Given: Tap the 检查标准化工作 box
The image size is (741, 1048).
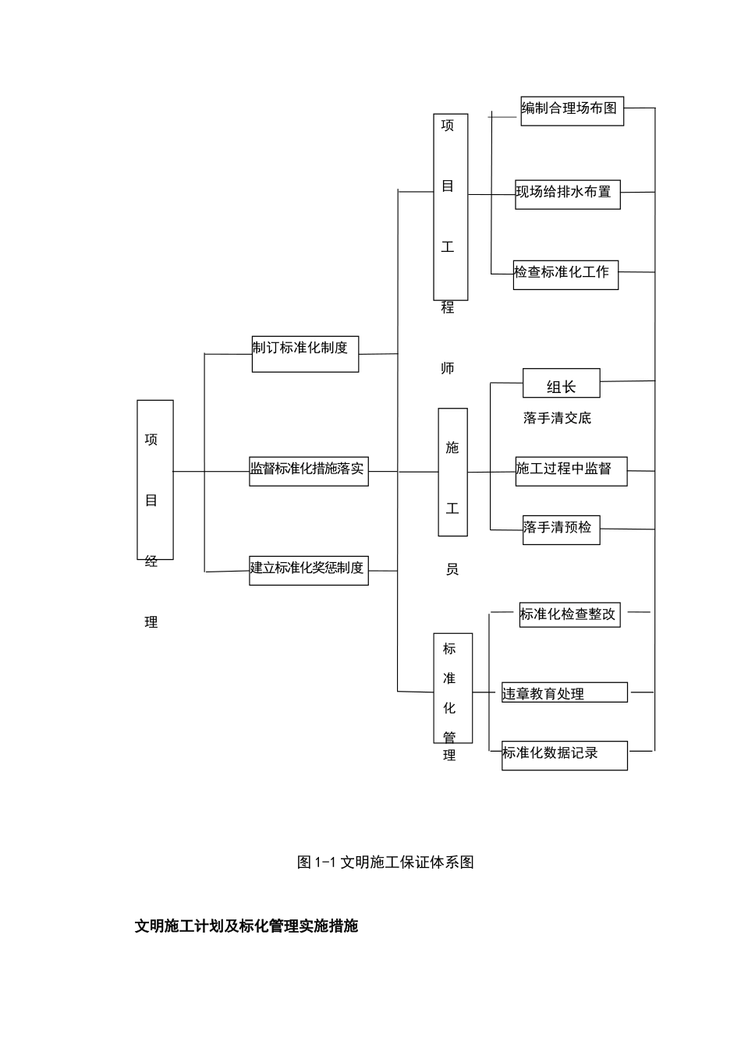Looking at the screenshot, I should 565,274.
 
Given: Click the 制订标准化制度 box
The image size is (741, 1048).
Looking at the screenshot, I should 305,353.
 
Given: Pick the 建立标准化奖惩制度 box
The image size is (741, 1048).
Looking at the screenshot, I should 308,569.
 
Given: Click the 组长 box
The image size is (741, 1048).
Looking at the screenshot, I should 561,384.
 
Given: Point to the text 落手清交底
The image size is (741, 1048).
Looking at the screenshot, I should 557,418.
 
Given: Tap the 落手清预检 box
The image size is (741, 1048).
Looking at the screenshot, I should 561,529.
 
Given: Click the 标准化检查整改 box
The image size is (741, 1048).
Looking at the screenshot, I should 569,614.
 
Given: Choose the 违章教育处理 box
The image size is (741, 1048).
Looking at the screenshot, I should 564,692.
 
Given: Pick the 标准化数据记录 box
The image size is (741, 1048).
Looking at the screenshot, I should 564,754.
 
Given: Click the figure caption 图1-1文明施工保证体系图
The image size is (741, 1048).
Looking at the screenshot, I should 385,862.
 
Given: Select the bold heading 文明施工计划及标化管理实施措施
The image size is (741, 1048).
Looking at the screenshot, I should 246,926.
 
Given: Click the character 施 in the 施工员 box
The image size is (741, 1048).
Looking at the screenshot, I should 452,448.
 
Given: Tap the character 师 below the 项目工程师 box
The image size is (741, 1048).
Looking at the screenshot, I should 448,368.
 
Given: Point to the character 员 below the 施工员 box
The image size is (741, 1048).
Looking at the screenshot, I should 452,569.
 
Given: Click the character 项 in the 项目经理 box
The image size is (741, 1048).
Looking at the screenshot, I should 151,440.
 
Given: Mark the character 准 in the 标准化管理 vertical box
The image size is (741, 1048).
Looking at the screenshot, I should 449,678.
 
